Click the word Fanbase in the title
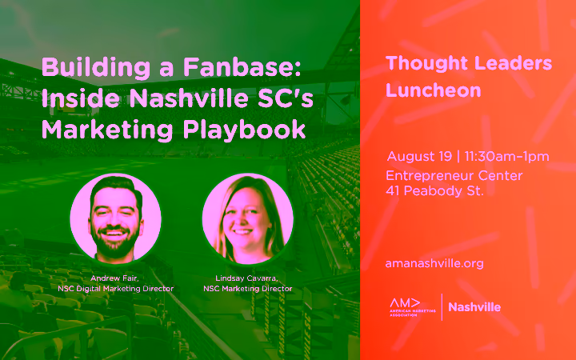(x=242, y=67)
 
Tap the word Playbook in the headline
(x=244, y=130)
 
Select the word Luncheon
(x=434, y=90)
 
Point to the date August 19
(x=419, y=157)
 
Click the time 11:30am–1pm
(x=506, y=157)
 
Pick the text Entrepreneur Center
(x=454, y=175)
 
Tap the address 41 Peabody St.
(x=434, y=191)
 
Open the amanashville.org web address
(x=434, y=263)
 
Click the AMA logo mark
(x=412, y=307)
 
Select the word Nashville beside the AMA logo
(x=474, y=307)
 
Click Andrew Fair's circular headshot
(x=116, y=218)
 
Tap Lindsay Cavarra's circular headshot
(x=248, y=218)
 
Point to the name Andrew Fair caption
(x=114, y=278)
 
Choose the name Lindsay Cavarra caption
(x=247, y=278)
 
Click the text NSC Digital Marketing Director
(x=116, y=289)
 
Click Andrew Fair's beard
(x=115, y=244)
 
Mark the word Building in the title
(x=96, y=68)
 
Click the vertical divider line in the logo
(x=442, y=307)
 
